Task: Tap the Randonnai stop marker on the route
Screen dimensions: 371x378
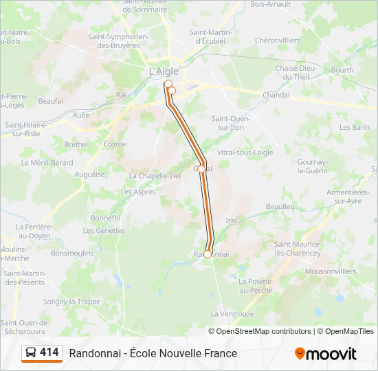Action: [x=208, y=254]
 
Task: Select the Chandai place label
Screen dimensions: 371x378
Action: [x=276, y=95]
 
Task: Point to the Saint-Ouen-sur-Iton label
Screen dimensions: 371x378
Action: [x=230, y=123]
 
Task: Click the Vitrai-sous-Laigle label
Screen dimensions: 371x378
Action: [x=245, y=152]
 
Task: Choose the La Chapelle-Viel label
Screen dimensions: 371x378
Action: [x=155, y=175]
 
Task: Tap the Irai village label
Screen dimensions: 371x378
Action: [x=231, y=221]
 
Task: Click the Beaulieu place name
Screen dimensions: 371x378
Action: [x=280, y=206]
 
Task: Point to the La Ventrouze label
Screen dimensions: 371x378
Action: [x=232, y=313]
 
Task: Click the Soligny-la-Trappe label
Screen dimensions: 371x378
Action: [x=71, y=302]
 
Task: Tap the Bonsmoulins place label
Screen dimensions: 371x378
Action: [x=72, y=253]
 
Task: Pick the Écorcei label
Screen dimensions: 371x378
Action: [x=115, y=144]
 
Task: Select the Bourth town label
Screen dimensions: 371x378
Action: [x=342, y=70]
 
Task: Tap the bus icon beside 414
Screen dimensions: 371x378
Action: [x=32, y=353]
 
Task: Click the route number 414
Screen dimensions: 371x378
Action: [x=49, y=352]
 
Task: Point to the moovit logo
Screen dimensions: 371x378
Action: [x=326, y=354]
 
